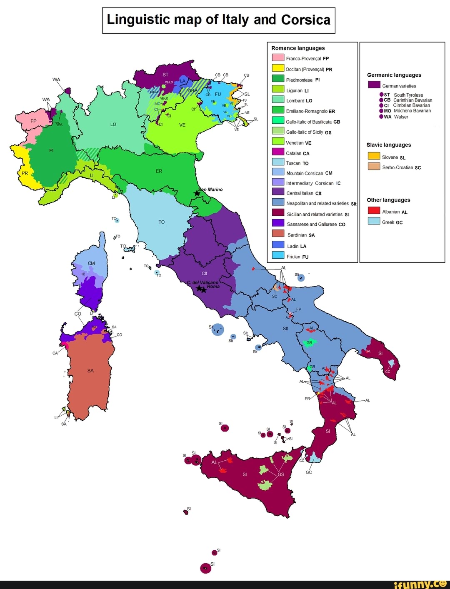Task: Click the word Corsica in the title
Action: point(305,20)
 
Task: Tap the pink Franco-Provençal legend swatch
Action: point(278,58)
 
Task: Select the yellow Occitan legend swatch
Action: point(278,68)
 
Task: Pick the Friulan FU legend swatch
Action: point(278,255)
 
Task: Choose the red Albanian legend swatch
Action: point(374,210)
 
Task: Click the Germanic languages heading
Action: point(394,75)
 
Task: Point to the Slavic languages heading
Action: point(388,145)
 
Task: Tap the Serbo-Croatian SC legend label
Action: point(401,167)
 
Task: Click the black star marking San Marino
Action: point(197,193)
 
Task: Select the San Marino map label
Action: point(211,190)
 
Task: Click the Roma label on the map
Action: point(213,287)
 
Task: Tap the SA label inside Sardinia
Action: point(90,371)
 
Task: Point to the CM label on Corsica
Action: point(91,263)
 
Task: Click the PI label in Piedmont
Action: point(51,150)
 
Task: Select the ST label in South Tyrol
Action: point(165,75)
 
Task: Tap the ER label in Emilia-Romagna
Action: point(159,171)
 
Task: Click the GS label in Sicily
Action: point(281,474)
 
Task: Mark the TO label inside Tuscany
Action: point(162,222)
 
